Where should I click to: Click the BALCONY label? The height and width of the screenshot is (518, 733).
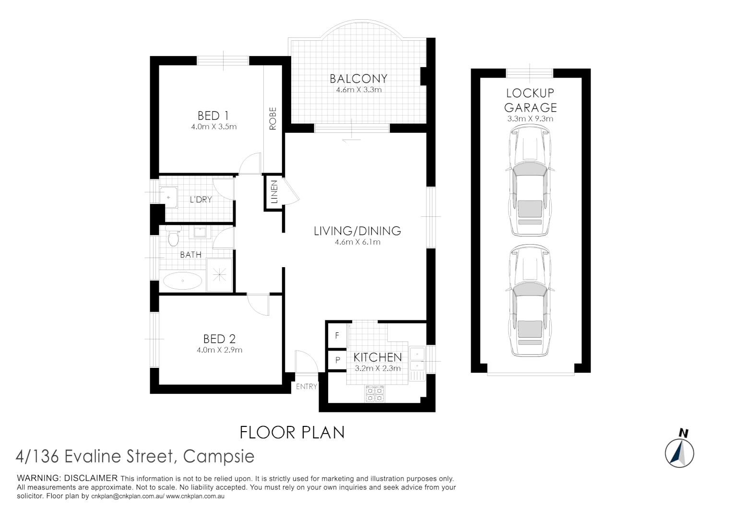coord(358,79)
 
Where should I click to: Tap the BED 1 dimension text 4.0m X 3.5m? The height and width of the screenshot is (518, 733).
coord(213,127)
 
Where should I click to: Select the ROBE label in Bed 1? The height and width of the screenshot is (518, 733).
coord(272,118)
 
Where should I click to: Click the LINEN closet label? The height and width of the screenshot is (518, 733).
coord(274,192)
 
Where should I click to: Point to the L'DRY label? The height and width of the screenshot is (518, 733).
coord(201,199)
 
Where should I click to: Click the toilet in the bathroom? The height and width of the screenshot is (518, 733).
coord(174,235)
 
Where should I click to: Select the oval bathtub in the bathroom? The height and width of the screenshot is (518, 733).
coord(183,281)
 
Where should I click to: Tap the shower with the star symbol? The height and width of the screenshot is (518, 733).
coord(219,275)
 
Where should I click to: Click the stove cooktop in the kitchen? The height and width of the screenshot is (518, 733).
coord(375,394)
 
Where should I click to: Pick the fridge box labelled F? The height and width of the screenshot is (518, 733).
coord(337,336)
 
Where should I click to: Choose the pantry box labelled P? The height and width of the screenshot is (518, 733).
coord(337,360)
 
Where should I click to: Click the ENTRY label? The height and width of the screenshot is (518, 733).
coord(306,387)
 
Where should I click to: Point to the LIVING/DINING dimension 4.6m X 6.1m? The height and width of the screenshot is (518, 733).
coord(357,242)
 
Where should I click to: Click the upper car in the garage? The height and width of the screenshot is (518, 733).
coord(530,181)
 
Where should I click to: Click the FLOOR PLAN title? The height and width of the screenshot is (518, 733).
coord(292,433)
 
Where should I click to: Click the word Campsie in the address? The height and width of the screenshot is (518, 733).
coord(219,457)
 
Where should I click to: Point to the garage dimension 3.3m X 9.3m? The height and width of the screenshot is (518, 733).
coord(530,119)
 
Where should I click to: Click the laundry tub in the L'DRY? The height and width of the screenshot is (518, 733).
coord(168,197)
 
